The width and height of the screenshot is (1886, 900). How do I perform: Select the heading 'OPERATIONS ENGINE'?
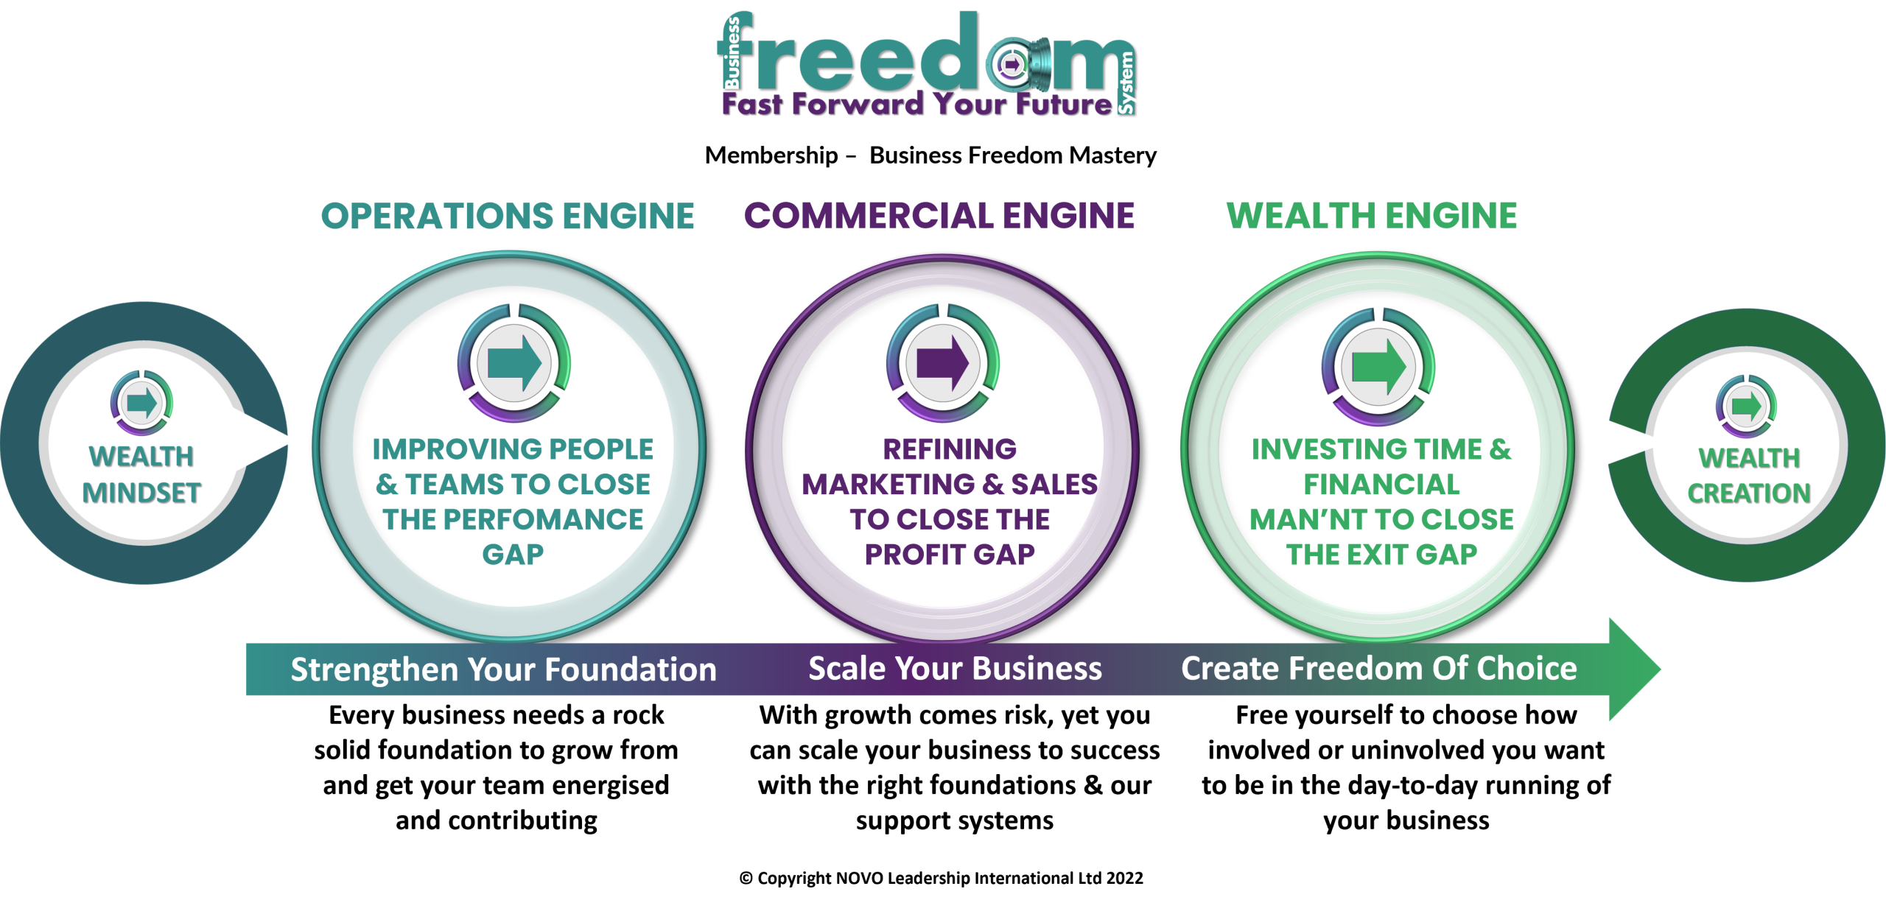[x=508, y=215]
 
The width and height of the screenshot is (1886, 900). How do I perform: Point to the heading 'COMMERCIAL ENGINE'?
[x=939, y=215]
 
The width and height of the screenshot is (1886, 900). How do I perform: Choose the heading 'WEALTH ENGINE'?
[x=1371, y=215]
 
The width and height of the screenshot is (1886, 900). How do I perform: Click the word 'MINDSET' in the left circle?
[x=141, y=493]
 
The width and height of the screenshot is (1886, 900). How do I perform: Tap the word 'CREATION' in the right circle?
[x=1749, y=493]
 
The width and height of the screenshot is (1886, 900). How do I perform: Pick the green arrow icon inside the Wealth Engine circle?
[x=1376, y=365]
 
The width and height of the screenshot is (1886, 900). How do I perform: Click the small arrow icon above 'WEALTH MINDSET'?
[x=141, y=403]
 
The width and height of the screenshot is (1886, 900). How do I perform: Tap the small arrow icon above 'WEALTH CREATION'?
[x=1745, y=407]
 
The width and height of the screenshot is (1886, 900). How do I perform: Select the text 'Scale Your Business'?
[x=955, y=669]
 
